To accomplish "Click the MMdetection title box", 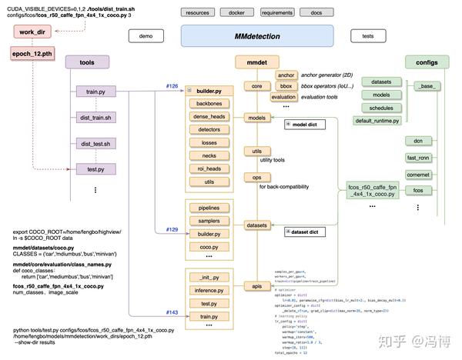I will (257, 37).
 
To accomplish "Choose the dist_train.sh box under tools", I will (95, 118).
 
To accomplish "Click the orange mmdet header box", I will (256, 62).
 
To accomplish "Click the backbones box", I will (209, 103).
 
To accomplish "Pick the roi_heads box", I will (209, 168).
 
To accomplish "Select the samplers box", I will (209, 220).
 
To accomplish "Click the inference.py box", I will (209, 290).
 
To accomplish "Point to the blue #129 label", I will (172, 230).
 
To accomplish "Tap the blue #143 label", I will (172, 312).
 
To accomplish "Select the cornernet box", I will (418, 175).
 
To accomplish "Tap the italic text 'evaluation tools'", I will (323, 98).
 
